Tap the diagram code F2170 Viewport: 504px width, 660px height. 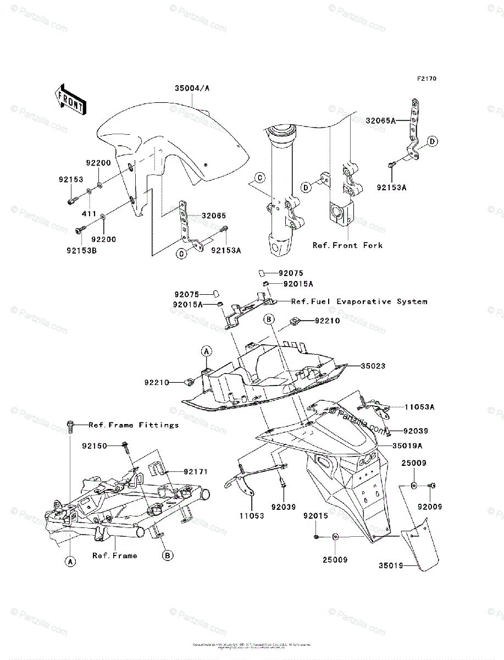[x=426, y=79]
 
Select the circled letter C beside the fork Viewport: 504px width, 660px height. [x=259, y=177]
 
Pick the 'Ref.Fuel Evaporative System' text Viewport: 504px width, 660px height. [x=359, y=301]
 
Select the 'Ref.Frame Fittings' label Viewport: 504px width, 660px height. [x=134, y=425]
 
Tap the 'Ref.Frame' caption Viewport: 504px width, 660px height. [x=114, y=555]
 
